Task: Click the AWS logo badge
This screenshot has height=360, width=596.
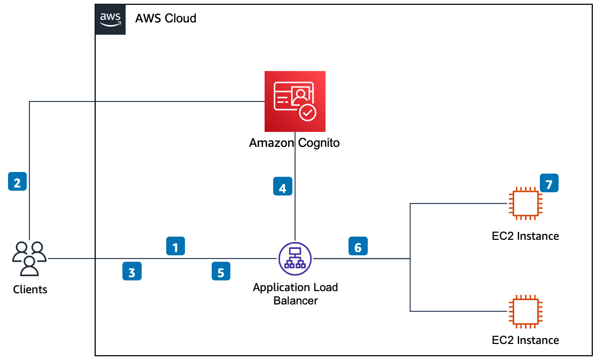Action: point(111,19)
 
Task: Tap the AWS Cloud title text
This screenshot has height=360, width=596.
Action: point(166,19)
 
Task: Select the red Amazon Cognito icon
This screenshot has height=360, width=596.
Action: point(295,101)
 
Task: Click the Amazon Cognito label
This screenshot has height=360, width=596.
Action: point(295,143)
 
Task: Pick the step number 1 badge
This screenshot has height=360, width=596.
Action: point(175,246)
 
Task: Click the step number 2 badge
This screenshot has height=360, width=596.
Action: point(18,182)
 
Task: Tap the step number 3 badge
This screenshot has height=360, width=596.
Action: point(132,272)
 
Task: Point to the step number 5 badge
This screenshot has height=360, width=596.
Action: point(221,271)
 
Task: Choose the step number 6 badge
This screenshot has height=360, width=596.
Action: point(358,246)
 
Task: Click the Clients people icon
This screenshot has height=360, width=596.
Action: point(29,259)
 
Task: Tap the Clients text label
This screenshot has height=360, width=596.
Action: point(30,290)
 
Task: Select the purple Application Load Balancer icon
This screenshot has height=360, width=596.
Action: point(296,259)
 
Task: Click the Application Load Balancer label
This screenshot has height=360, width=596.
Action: point(296,294)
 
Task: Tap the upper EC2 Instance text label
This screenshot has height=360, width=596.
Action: point(525,236)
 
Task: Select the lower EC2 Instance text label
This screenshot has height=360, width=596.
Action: point(525,340)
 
